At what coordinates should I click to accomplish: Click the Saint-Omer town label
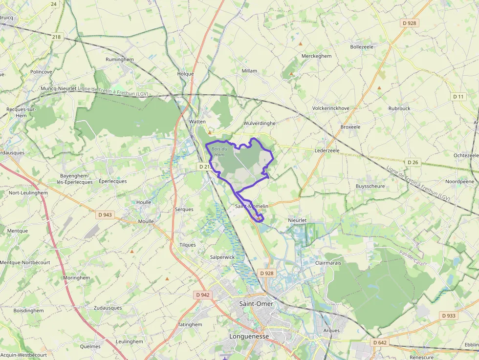(x=256, y=304)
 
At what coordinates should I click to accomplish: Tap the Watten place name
(x=197, y=122)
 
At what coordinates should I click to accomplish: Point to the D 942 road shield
(x=202, y=295)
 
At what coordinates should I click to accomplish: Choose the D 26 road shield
(x=413, y=162)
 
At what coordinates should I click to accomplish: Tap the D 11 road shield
(x=458, y=97)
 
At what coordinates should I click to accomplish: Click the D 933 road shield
(x=449, y=316)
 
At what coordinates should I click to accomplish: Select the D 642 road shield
(x=379, y=342)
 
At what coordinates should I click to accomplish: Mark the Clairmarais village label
(x=328, y=263)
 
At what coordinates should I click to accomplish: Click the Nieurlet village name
(x=297, y=220)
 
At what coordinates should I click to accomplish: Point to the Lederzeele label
(x=327, y=150)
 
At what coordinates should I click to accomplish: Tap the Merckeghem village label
(x=316, y=56)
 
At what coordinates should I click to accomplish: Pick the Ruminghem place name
(x=120, y=60)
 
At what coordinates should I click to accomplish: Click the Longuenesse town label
(x=249, y=337)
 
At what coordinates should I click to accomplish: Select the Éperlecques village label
(x=112, y=181)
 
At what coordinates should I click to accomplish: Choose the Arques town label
(x=331, y=331)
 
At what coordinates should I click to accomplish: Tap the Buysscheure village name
(x=370, y=186)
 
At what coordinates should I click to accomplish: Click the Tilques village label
(x=187, y=245)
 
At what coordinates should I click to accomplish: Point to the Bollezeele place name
(x=362, y=47)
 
